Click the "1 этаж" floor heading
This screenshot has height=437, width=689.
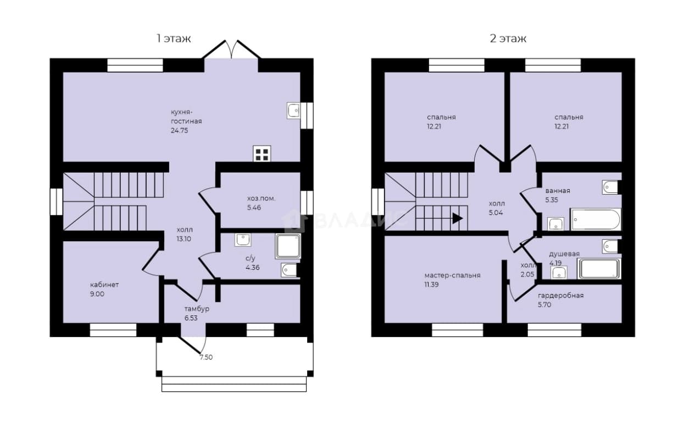click(x=174, y=39)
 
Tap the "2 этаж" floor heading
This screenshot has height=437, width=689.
click(x=508, y=39)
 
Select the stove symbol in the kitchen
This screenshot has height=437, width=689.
click(x=262, y=153)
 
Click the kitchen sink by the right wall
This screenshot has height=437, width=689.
click(x=293, y=110)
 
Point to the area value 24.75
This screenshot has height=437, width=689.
click(x=179, y=130)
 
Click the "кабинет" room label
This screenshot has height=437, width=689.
click(x=104, y=285)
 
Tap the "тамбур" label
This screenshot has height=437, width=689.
click(x=197, y=309)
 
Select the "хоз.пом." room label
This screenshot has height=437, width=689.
click(x=261, y=198)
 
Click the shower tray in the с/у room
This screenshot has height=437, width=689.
click(x=288, y=246)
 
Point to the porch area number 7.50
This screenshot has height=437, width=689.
click(x=206, y=357)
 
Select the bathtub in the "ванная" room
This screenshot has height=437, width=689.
click(x=596, y=219)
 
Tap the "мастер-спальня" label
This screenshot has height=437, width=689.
click(x=452, y=275)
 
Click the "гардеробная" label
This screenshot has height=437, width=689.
click(x=561, y=296)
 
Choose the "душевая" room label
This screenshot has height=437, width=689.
click(x=564, y=254)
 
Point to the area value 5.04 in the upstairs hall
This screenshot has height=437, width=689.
click(x=496, y=213)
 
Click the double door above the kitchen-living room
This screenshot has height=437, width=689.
click(x=231, y=49)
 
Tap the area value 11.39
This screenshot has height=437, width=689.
click(x=431, y=285)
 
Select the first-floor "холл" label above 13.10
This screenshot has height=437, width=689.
click(x=185, y=230)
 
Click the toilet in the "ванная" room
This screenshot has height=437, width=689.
click(x=610, y=187)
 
